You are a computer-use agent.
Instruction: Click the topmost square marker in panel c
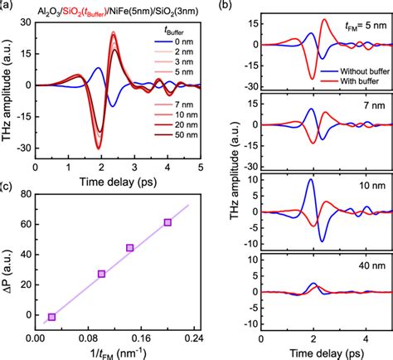click(x=167, y=222)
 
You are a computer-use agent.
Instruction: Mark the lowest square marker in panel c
click(x=51, y=317)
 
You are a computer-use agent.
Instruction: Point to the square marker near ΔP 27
click(x=102, y=274)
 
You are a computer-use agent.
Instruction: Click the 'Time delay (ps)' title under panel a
click(x=113, y=180)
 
